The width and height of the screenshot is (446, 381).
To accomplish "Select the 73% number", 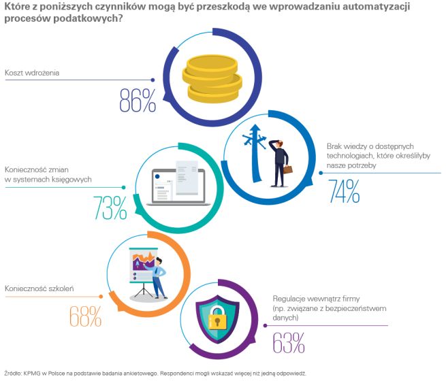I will tap(110, 208).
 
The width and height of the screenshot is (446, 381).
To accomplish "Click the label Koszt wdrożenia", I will tap(32, 71).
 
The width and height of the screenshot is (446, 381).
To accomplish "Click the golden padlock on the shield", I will tap(218, 318).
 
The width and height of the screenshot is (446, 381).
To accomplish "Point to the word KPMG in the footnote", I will tap(32, 373).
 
